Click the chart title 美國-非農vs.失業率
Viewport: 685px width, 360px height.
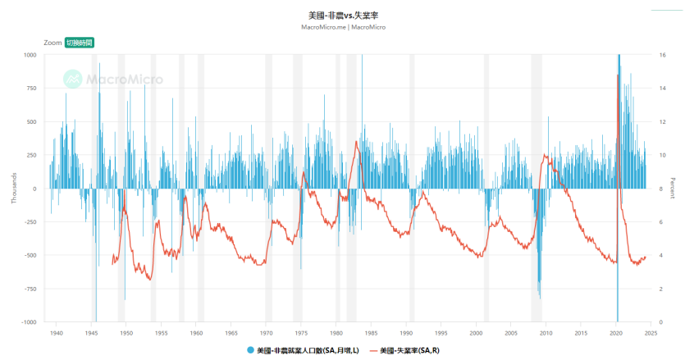343,16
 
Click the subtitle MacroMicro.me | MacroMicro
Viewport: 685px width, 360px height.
343,27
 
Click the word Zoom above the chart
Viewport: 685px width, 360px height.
53,42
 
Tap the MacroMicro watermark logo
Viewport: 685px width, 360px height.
113,80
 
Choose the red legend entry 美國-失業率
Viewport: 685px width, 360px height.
408,351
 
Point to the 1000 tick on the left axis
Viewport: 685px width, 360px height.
30,55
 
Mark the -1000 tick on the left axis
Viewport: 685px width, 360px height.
29,322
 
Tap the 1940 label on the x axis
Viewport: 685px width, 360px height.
56,332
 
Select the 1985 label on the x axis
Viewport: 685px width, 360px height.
371,332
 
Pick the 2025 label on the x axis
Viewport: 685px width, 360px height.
650,332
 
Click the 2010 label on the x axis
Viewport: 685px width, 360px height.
546,332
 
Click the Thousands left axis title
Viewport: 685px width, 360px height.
13,189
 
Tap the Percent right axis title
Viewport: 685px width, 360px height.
673,189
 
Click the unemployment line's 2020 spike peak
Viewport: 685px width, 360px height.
618,75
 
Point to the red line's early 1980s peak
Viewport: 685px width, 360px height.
356,142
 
